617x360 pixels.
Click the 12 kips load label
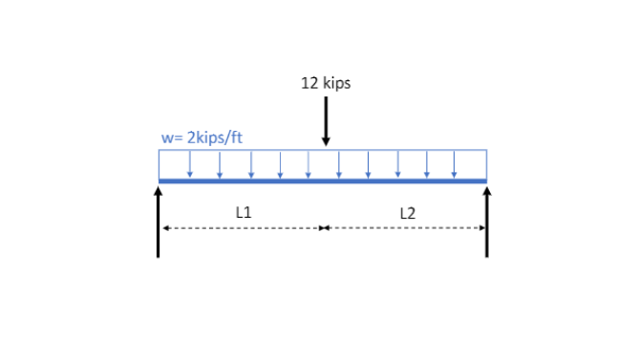(326, 83)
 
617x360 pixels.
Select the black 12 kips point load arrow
(326, 119)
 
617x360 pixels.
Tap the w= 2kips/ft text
(202, 138)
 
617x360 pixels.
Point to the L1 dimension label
(245, 212)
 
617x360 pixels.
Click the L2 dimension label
(408, 213)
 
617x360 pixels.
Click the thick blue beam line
(323, 180)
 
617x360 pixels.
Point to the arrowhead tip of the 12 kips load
(326, 144)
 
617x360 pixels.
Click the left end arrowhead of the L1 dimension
(164, 228)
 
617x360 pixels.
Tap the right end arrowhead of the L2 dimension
(483, 228)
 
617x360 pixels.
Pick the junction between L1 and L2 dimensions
(324, 228)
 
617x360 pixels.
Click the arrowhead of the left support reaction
(159, 191)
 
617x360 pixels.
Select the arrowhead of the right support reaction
(487, 191)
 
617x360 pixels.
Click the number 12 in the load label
(308, 83)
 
